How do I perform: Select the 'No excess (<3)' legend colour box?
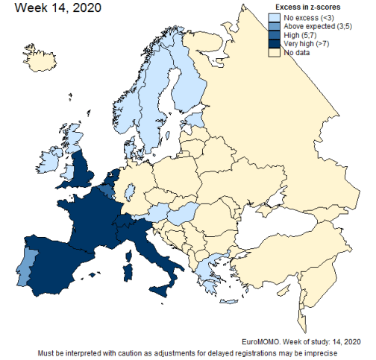tap(275, 16)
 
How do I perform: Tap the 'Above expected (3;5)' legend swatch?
tap(275, 26)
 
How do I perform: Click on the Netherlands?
tap(111, 181)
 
